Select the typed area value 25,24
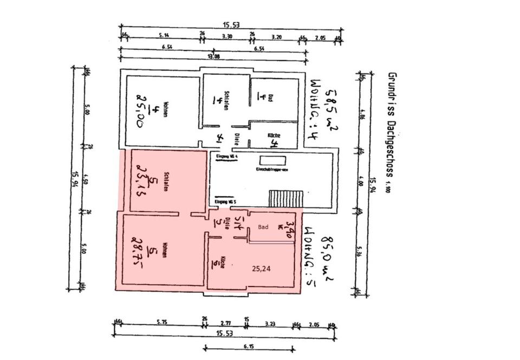(x=262, y=267)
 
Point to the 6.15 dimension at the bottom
(x=249, y=345)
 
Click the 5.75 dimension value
(x=161, y=323)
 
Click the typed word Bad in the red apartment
(x=263, y=228)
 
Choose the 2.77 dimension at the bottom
(x=225, y=323)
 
